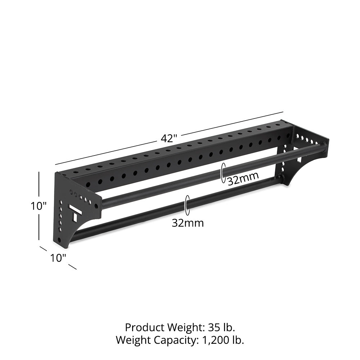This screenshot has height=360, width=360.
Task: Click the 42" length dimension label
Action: pyautogui.click(x=168, y=139)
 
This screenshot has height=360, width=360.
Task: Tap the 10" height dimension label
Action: pyautogui.click(x=39, y=206)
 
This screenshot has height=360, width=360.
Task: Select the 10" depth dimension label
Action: pyautogui.click(x=58, y=258)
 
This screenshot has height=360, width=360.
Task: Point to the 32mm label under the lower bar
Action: pyautogui.click(x=188, y=223)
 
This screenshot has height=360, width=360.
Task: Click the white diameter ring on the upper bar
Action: pyautogui.click(x=224, y=172)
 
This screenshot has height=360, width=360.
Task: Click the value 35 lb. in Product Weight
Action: pyautogui.click(x=221, y=328)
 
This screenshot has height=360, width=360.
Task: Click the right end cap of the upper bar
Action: pyautogui.click(x=325, y=145)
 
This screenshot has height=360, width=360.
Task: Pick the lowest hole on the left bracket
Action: pyautogui.click(x=59, y=240)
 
